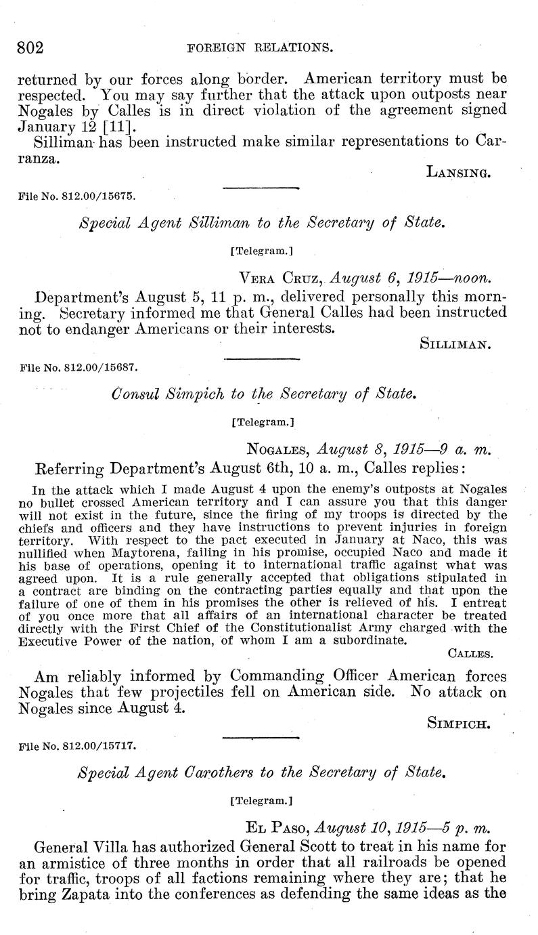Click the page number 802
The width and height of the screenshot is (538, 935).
[x=30, y=47]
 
